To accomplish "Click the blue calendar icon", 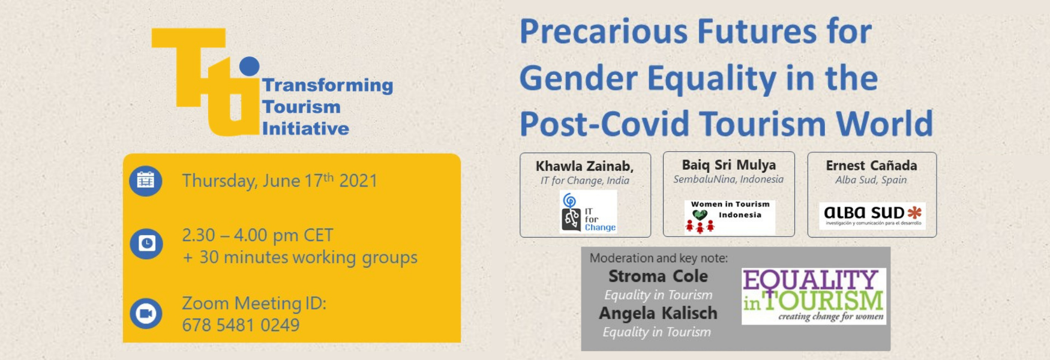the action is tap(146, 181).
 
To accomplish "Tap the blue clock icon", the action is tap(146, 244).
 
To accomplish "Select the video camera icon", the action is tap(146, 313).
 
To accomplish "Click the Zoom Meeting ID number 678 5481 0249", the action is tap(241, 325).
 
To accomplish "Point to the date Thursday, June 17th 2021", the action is tap(280, 180).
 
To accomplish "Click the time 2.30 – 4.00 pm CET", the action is tap(257, 235).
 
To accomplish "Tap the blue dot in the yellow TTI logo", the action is tap(249, 66).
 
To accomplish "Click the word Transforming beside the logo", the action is tap(328, 86).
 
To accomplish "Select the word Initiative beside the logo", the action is tap(305, 128).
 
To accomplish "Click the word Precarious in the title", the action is tap(603, 32).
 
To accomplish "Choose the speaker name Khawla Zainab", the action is tap(584, 166).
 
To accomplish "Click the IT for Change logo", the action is tap(588, 211).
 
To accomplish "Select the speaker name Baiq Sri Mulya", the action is tap(728, 164).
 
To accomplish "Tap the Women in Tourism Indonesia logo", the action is tap(730, 217).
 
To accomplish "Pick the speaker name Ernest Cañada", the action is tap(871, 165).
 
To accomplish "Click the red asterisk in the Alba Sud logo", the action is tap(914, 212).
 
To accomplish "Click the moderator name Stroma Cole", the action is tap(658, 276).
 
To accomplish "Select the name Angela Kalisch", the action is tap(658, 313).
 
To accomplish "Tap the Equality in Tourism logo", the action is tap(814, 296).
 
